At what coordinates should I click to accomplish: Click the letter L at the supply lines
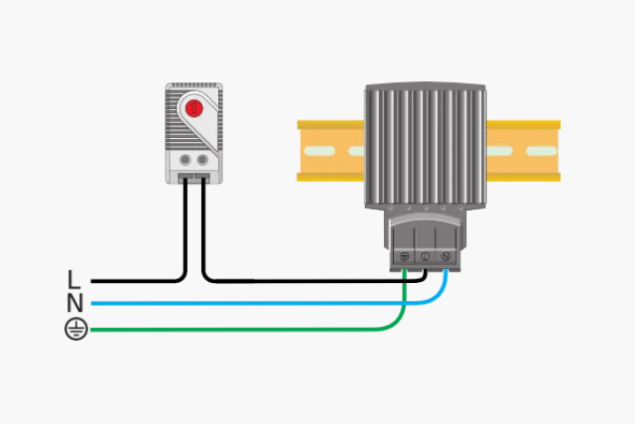point(73,279)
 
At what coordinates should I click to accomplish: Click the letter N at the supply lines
point(75,303)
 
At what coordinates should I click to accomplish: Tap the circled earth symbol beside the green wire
point(76,329)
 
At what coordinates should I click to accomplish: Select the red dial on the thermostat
point(194,108)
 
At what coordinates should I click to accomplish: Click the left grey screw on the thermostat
point(186,160)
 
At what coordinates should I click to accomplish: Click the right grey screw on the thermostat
point(202,160)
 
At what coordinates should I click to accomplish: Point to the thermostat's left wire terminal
point(186,177)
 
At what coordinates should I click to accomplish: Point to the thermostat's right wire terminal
point(202,177)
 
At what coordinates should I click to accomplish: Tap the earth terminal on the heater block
point(404,256)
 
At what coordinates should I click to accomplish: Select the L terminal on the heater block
point(425,256)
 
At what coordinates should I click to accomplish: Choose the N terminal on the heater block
point(445,256)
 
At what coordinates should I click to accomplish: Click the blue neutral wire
point(259,303)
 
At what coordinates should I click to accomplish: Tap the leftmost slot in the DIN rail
point(319,151)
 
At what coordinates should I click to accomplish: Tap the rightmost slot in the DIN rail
point(542,151)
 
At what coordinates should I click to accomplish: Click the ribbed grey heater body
point(426,147)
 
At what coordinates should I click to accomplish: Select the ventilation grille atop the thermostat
point(193,85)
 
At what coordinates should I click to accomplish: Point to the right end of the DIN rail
point(560,151)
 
